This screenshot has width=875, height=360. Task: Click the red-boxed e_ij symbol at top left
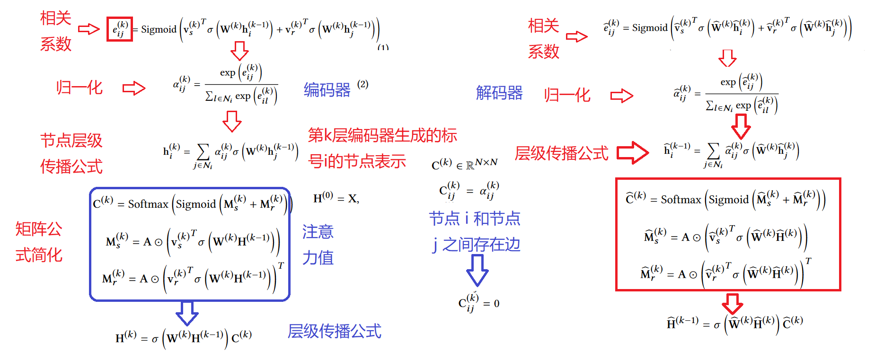tap(119, 29)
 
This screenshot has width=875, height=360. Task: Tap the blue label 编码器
tap(327, 89)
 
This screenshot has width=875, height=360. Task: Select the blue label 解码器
tap(499, 93)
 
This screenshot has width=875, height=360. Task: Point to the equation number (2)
tap(363, 84)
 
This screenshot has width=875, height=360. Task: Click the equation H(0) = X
tap(336, 198)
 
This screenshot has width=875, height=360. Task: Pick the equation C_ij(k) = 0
tap(478, 303)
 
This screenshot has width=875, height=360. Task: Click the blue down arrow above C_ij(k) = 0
tap(477, 270)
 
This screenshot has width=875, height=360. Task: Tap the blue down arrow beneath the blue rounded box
tap(187, 313)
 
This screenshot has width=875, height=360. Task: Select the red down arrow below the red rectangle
tap(733, 304)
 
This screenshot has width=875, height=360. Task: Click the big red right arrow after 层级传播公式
tap(633, 152)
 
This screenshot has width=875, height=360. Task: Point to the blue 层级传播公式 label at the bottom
tap(334, 331)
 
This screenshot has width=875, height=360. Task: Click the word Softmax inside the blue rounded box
tap(148, 204)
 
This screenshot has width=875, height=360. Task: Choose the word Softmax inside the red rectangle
tap(681, 200)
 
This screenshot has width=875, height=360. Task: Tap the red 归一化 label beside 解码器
tap(567, 95)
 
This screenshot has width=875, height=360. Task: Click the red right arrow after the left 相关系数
tap(89, 29)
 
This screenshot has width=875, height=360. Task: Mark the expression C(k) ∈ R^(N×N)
tap(464, 164)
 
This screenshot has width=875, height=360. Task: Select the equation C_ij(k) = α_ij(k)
tap(469, 191)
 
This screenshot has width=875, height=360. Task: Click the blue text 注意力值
tap(318, 245)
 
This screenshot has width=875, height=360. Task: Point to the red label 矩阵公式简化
tap(39, 242)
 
